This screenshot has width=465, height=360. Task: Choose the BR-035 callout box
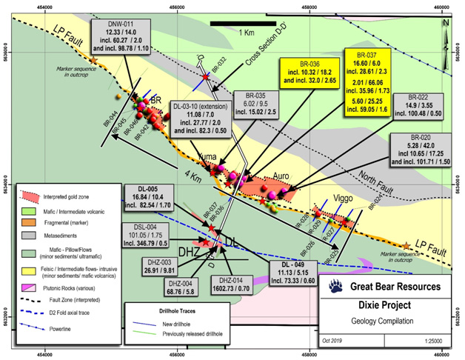(255, 104)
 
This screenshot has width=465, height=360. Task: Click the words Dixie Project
(384, 304)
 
